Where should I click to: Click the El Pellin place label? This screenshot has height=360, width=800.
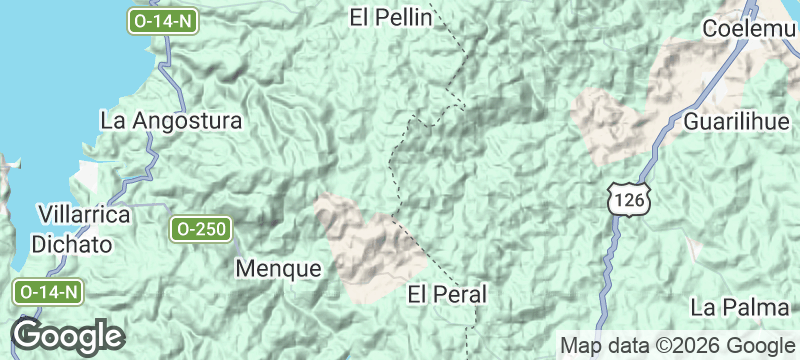click(x=391, y=17)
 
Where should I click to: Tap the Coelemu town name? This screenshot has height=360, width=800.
click(x=751, y=29)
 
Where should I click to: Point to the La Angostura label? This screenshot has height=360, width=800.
click(x=172, y=121)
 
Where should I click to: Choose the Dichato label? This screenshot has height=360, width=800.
click(x=71, y=243)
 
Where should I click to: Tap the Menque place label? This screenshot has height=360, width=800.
click(x=279, y=268)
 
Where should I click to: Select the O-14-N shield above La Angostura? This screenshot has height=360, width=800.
click(x=161, y=20)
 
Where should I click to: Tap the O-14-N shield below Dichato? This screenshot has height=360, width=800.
click(x=47, y=292)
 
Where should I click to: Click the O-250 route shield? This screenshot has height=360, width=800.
click(x=200, y=229)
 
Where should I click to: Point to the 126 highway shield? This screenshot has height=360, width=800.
click(x=630, y=201)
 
